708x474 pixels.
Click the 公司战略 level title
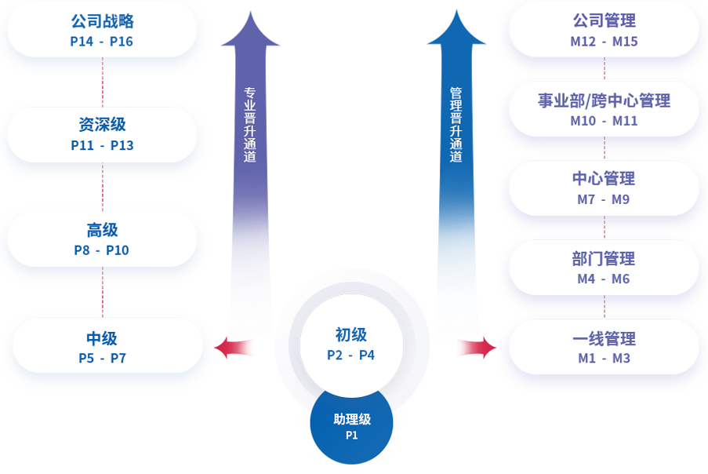[102, 21]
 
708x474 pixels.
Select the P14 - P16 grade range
[102, 42]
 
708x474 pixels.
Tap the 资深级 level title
[102, 125]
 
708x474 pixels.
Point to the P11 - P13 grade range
[102, 145]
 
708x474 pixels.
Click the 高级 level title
[102, 230]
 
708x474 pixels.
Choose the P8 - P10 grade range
[102, 250]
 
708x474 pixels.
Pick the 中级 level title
[102, 338]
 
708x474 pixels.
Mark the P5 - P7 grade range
[102, 359]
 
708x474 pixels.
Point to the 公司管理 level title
[604, 21]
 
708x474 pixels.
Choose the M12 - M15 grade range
[604, 42]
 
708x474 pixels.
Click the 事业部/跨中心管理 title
[604, 100]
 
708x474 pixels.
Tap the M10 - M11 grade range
[604, 121]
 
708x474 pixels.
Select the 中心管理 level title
[604, 179]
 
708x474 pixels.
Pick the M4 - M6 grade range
[604, 279]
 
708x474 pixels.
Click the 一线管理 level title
[604, 338]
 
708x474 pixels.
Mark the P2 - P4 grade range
[351, 355]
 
